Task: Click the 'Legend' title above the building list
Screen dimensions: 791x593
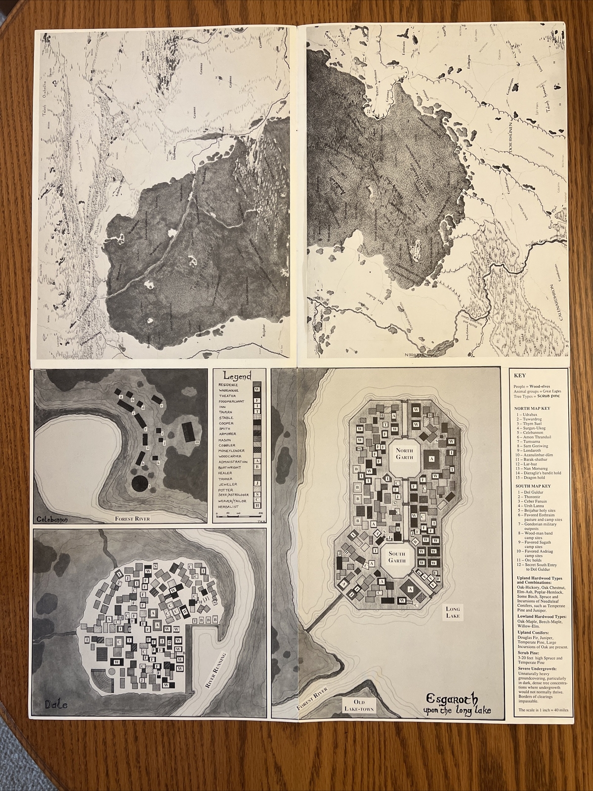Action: click(237, 376)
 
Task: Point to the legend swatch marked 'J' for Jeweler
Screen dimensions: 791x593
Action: click(256, 483)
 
